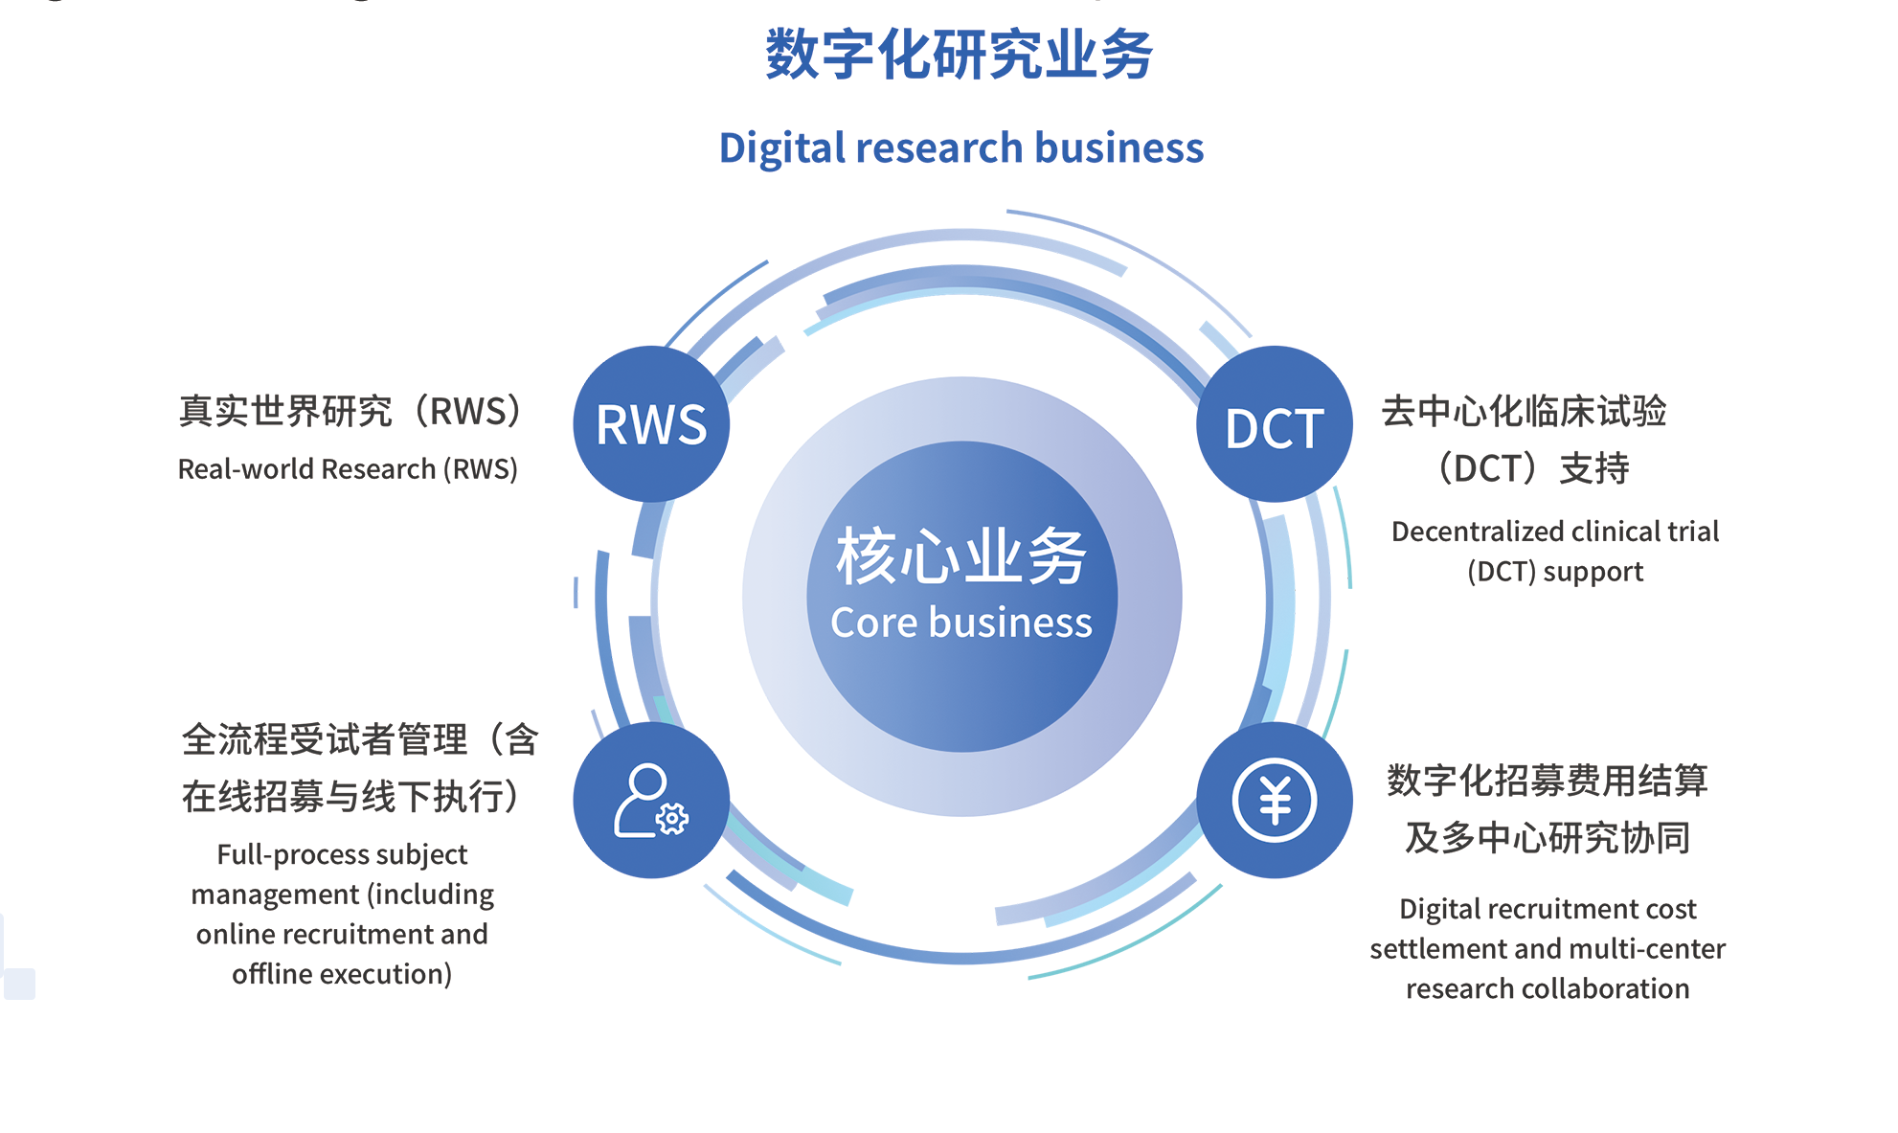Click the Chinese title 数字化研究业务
960,55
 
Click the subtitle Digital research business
960,148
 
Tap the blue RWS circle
651,424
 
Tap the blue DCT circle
1274,424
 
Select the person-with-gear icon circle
651,801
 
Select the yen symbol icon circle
1274,801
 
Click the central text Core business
960,623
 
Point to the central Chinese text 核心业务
960,556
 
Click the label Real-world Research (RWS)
348,469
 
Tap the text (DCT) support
1555,572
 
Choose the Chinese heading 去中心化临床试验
1524,412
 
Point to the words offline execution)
342,974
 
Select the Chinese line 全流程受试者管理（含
360,740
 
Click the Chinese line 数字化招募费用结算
1548,782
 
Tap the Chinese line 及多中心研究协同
1548,838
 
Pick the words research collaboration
1548,988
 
